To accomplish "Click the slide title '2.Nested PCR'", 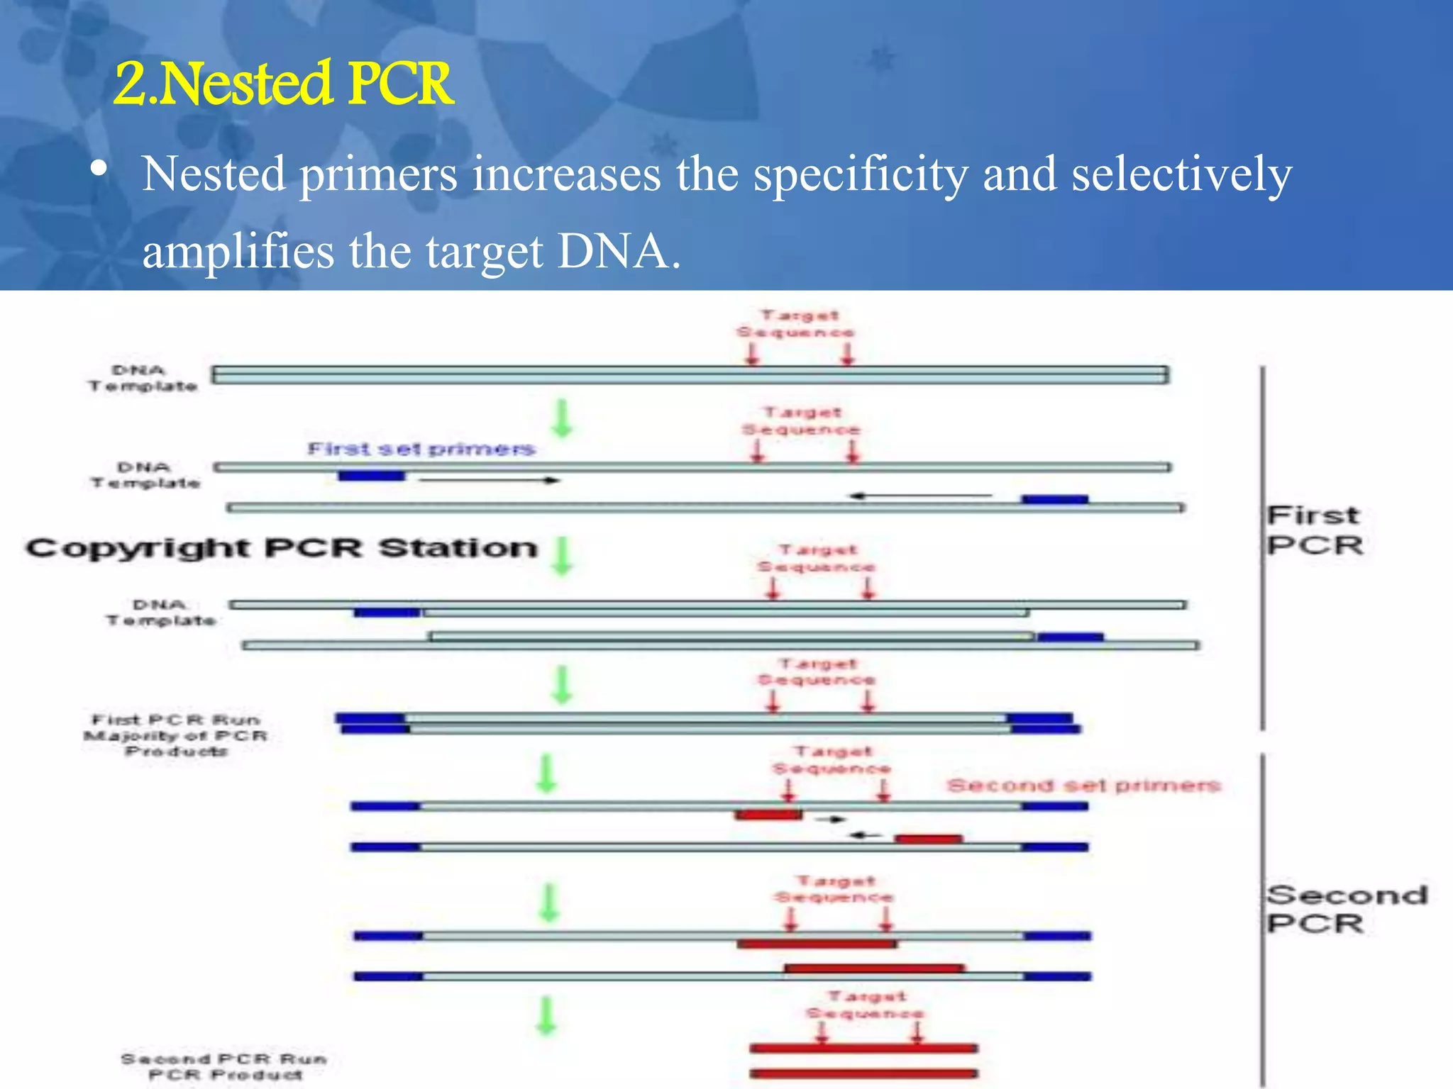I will pyautogui.click(x=283, y=84).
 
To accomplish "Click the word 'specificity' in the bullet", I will pyautogui.click(x=860, y=174).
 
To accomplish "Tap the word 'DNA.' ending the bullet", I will pyautogui.click(x=619, y=252).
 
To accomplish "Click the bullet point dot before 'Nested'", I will pyautogui.click(x=99, y=169).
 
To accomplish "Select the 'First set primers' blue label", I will pyautogui.click(x=421, y=449).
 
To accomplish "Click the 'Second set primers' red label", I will pyautogui.click(x=1083, y=786).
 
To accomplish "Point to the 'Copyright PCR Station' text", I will pyautogui.click(x=282, y=548).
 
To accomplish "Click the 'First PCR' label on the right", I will pyautogui.click(x=1314, y=530).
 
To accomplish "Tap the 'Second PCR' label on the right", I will pyautogui.click(x=1346, y=909).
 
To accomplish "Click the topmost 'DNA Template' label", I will pyautogui.click(x=142, y=378).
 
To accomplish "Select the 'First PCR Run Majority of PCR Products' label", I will pyautogui.click(x=176, y=735).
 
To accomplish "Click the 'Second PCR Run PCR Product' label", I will pyautogui.click(x=224, y=1066).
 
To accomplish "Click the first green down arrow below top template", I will pyautogui.click(x=562, y=418).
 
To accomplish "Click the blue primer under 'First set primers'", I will pyautogui.click(x=371, y=476).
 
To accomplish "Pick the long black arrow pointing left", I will pyautogui.click(x=920, y=496).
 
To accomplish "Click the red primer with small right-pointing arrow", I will pyautogui.click(x=768, y=815).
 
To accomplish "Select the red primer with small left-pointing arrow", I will pyautogui.click(x=928, y=839).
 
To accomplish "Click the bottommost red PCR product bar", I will pyautogui.click(x=863, y=1073).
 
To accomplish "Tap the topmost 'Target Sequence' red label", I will pyautogui.click(x=796, y=323).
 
